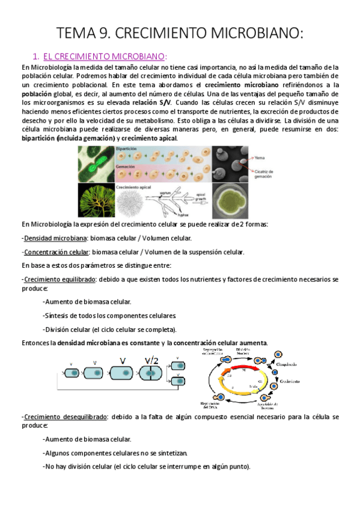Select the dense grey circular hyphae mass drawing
coord(132,201)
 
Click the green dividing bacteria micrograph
coord(96,164)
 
